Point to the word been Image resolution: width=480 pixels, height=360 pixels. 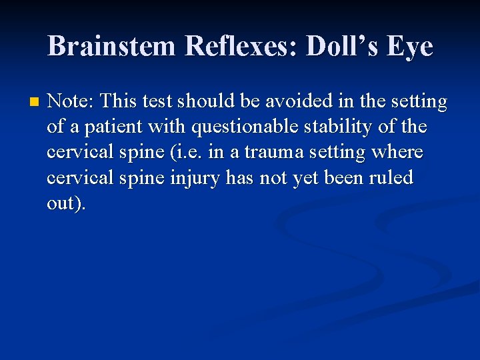point(342,178)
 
